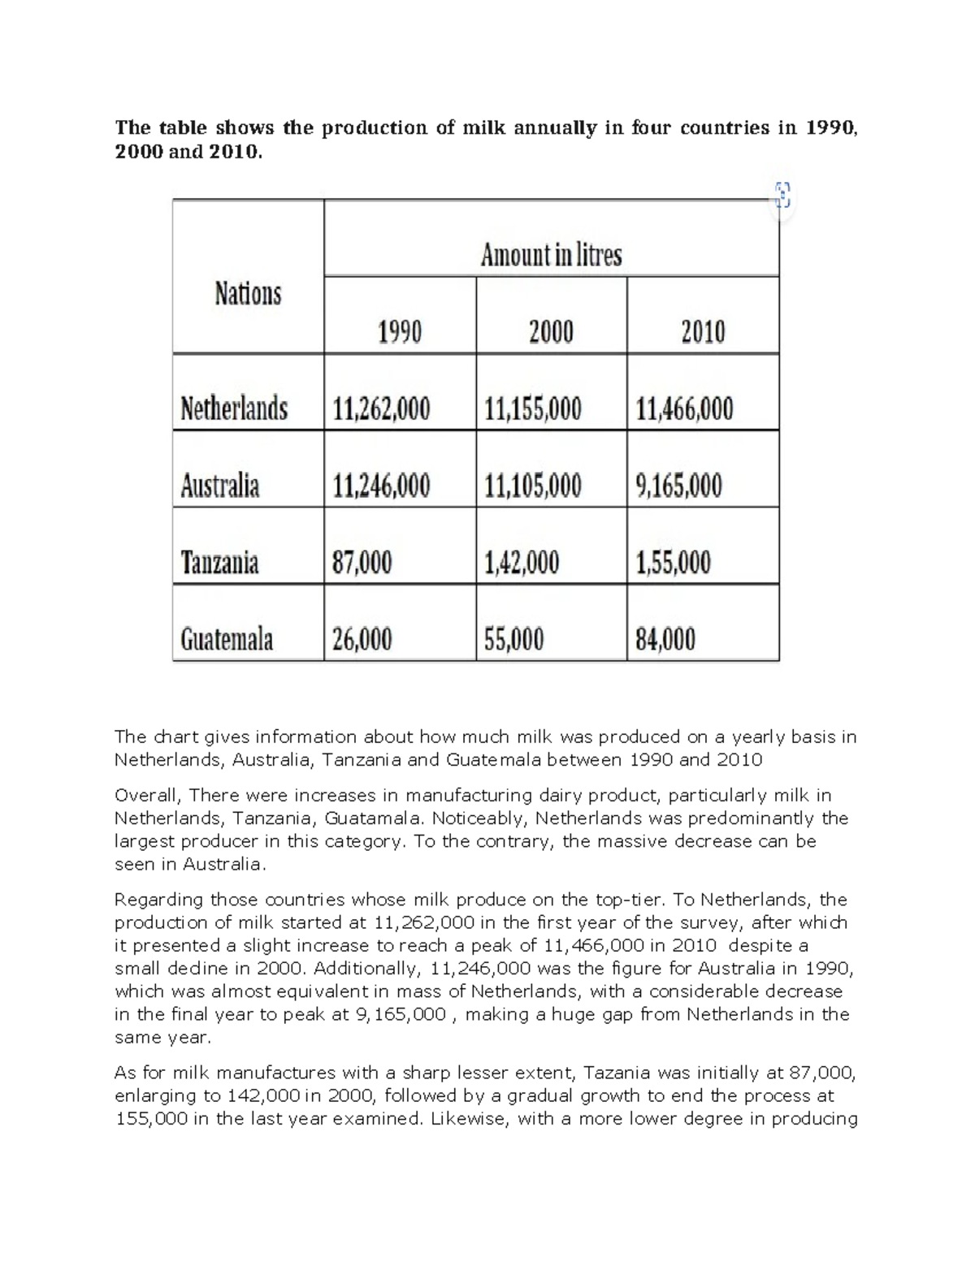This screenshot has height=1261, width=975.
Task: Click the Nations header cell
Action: (x=248, y=293)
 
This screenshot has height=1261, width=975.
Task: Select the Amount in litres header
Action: (x=551, y=255)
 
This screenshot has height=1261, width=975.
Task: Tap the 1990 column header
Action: (x=399, y=331)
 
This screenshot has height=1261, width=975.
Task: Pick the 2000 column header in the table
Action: (x=551, y=331)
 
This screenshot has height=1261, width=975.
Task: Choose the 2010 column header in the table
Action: (x=703, y=331)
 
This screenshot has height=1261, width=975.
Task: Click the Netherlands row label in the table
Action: (x=234, y=408)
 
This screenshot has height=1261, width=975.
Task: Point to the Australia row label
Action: (x=220, y=486)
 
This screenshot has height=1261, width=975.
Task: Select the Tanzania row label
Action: (x=220, y=562)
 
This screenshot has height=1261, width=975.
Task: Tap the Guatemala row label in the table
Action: (x=227, y=640)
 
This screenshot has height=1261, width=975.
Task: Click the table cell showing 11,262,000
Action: (x=382, y=408)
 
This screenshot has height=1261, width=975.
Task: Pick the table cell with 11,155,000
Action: (x=533, y=408)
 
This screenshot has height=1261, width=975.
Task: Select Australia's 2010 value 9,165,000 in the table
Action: (x=678, y=486)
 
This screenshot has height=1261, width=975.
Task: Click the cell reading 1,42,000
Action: (x=522, y=562)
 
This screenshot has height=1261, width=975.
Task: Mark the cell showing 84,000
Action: (x=665, y=640)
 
